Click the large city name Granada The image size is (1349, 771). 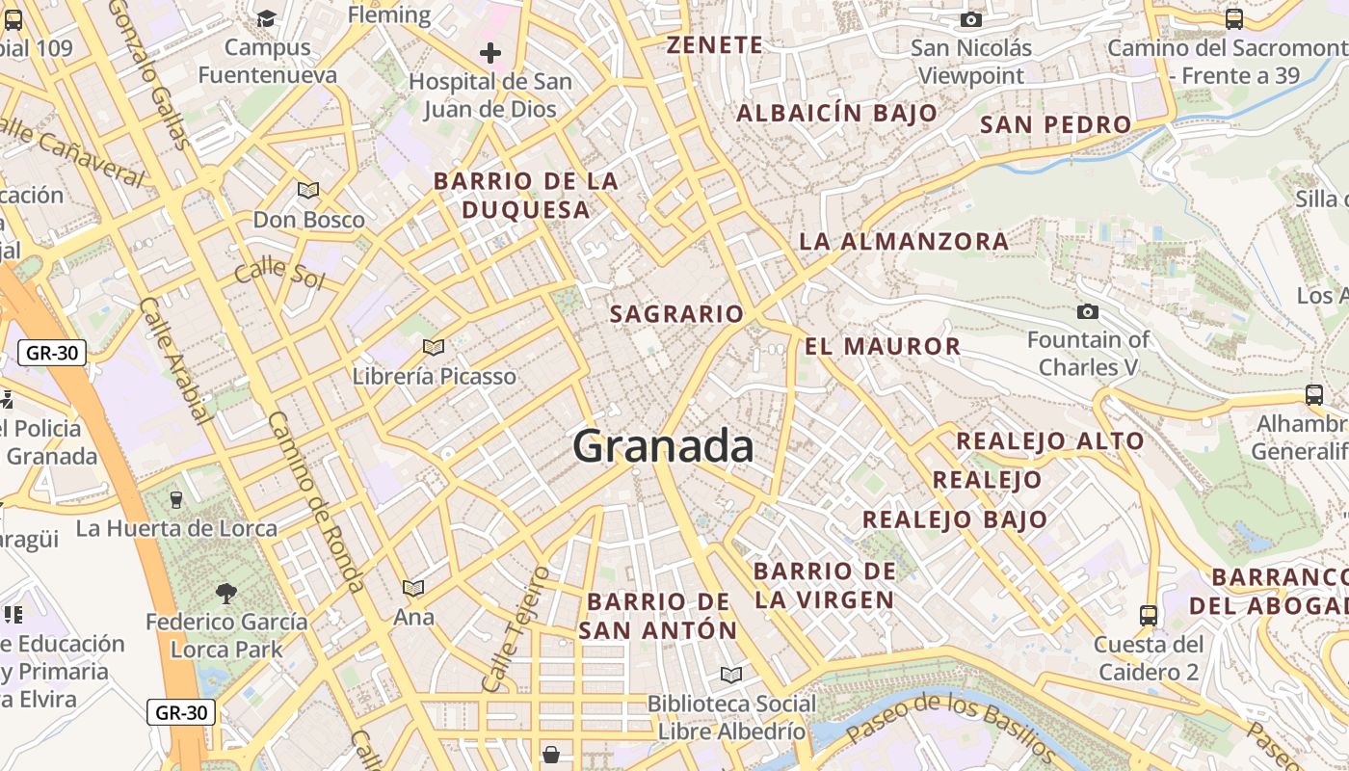663,446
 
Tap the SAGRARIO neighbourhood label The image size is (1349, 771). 676,314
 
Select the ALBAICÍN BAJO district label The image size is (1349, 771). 836,113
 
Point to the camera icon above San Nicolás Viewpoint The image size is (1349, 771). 971,19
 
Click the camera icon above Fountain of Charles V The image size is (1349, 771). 1088,311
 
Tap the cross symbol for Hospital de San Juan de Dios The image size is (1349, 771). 490,53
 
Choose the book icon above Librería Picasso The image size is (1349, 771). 434,347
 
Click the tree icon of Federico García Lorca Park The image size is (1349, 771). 226,593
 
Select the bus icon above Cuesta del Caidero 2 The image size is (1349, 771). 1149,615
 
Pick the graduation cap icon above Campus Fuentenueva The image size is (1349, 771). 266,18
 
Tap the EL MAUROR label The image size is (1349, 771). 883,346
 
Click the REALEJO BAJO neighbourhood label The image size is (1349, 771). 954,519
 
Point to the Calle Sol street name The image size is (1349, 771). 279,270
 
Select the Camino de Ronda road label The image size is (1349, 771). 316,501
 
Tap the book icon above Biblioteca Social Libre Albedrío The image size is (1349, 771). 731,675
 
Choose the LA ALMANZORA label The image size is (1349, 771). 904,241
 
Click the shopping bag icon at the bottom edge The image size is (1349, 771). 551,754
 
